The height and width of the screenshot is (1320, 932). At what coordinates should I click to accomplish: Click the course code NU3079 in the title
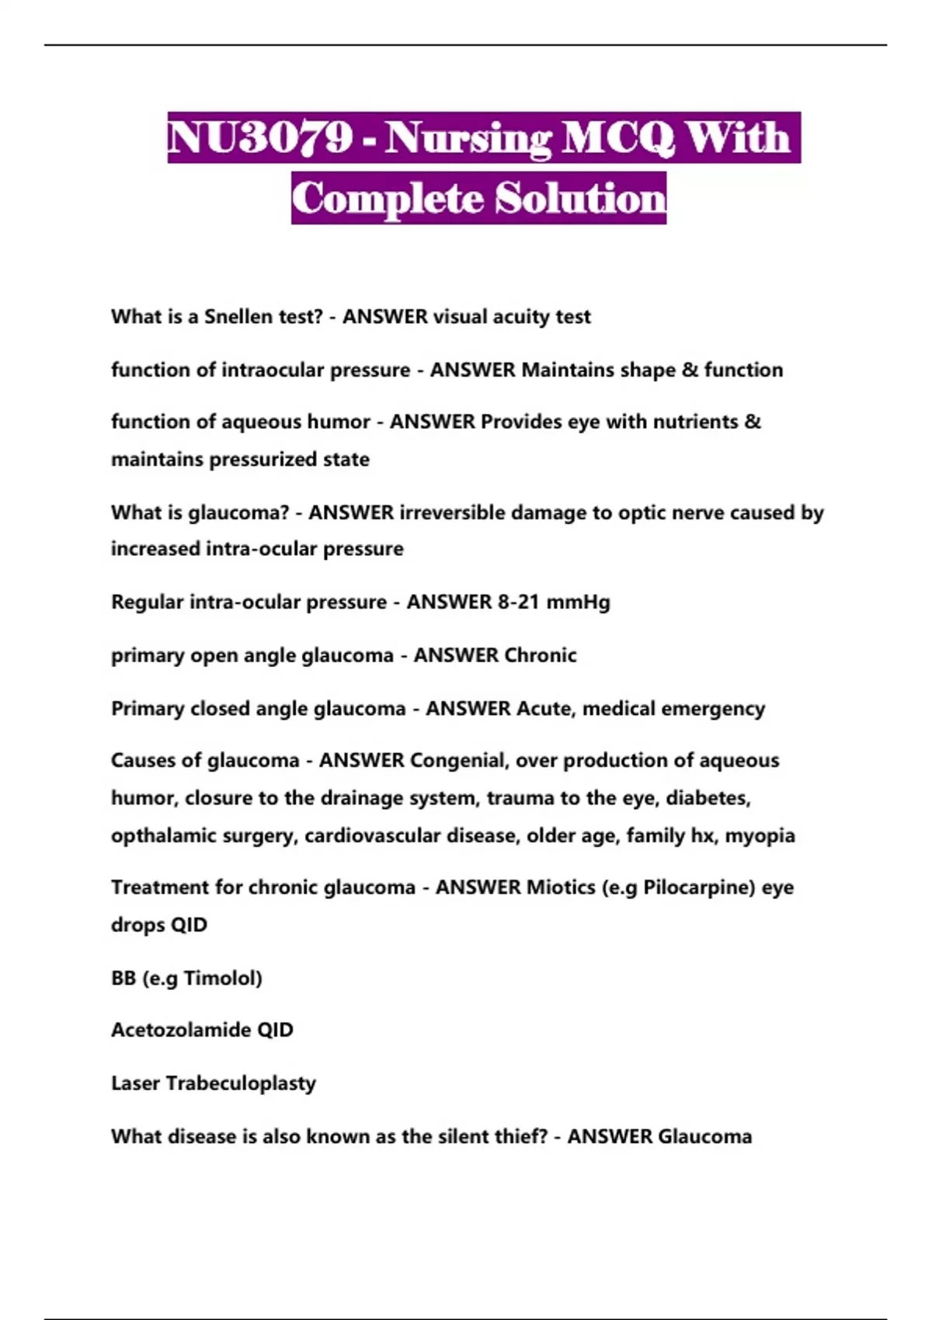259,138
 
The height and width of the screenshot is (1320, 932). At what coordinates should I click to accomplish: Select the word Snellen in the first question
238,317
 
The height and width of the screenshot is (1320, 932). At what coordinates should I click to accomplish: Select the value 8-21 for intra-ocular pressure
518,602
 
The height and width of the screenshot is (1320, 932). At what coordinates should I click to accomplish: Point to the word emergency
718,709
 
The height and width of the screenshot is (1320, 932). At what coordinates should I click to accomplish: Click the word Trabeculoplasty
241,1084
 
